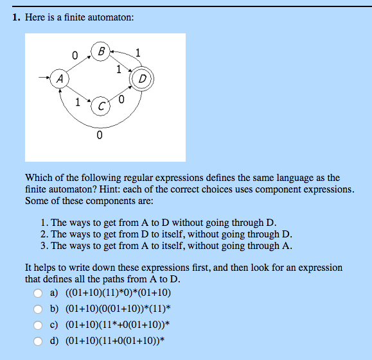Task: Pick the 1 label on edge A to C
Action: click(78, 103)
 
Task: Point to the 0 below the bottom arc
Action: click(98, 135)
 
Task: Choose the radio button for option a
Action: click(39, 294)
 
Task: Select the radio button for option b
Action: click(39, 309)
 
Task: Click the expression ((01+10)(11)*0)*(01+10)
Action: click(118, 294)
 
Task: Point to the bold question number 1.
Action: click(16, 18)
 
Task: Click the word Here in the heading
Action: click(36, 18)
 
